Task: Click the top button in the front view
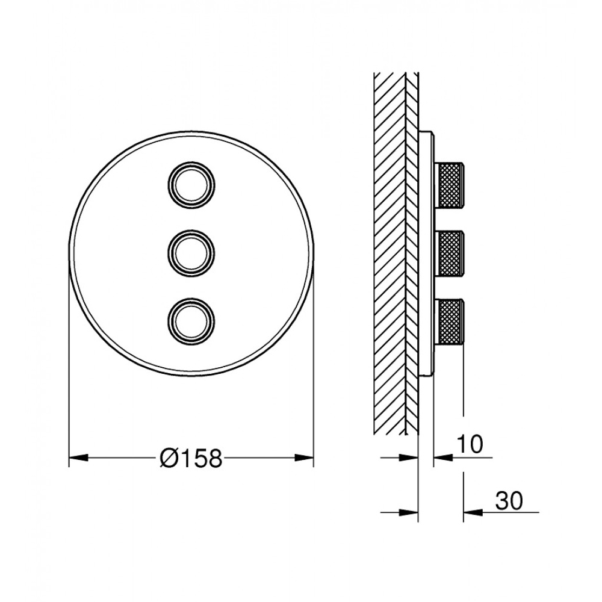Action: tap(191, 186)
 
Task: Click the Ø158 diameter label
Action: tap(191, 458)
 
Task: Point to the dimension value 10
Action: tap(469, 445)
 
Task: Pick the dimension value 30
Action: tap(509, 501)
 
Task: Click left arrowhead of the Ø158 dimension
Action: tap(78, 458)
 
